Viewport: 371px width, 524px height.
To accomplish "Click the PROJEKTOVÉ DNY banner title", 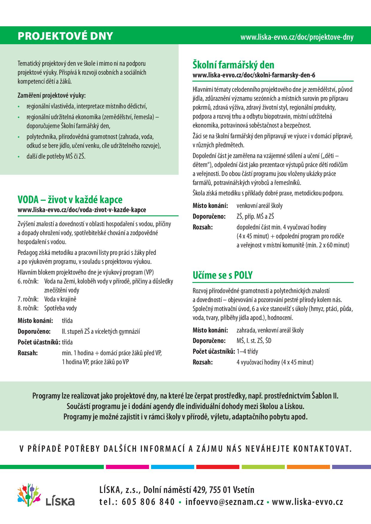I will pyautogui.click(x=65, y=36).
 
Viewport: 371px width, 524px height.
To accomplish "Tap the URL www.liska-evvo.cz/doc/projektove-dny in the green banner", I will pyautogui.click(x=297, y=37).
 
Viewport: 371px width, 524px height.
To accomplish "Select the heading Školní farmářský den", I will pyautogui.click(x=233, y=65).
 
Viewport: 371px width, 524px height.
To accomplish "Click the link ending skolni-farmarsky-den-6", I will pyautogui.click(x=254, y=75).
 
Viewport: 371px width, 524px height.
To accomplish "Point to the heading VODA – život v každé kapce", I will pyautogui.click(x=70, y=200).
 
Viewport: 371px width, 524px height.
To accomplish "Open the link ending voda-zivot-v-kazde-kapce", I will pyautogui.click(x=82, y=210).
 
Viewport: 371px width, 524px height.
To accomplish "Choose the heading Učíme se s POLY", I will pyautogui.click(x=223, y=275).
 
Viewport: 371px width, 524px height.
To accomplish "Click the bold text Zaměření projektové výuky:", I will pyautogui.click(x=51, y=96).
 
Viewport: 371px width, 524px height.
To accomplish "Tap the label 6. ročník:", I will pyautogui.click(x=28, y=281).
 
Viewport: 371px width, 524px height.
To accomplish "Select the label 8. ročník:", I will pyautogui.click(x=28, y=308).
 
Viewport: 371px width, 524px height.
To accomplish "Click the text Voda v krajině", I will pyautogui.click(x=60, y=299).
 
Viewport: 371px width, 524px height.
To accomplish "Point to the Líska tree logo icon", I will pyautogui.click(x=29, y=495).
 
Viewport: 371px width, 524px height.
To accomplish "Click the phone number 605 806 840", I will pyautogui.click(x=148, y=502).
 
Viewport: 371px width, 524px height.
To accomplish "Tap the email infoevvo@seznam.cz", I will pyautogui.click(x=224, y=502).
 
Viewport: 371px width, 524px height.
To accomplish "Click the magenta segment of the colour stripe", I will pyautogui.click(x=127, y=467).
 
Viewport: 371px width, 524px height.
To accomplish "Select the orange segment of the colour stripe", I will pyautogui.click(x=308, y=467).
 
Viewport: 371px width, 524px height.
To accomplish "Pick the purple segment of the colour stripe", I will pyautogui.click(x=351, y=467).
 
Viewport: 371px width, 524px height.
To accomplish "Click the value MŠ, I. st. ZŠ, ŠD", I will pyautogui.click(x=254, y=341).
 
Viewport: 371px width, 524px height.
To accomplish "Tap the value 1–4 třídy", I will pyautogui.click(x=247, y=351).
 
